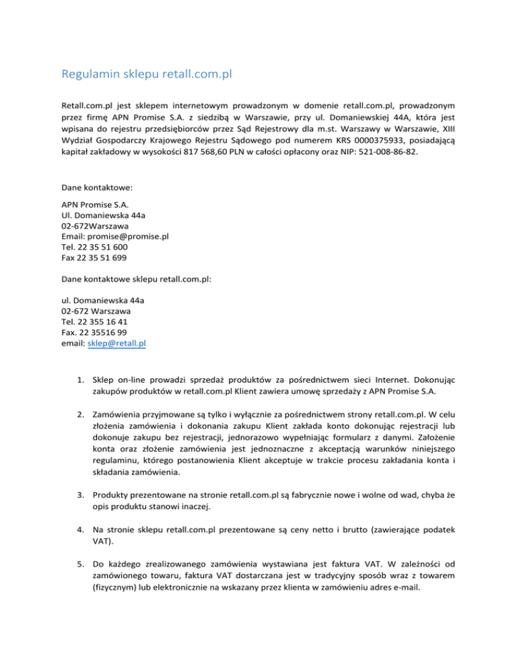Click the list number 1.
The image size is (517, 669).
79,377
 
